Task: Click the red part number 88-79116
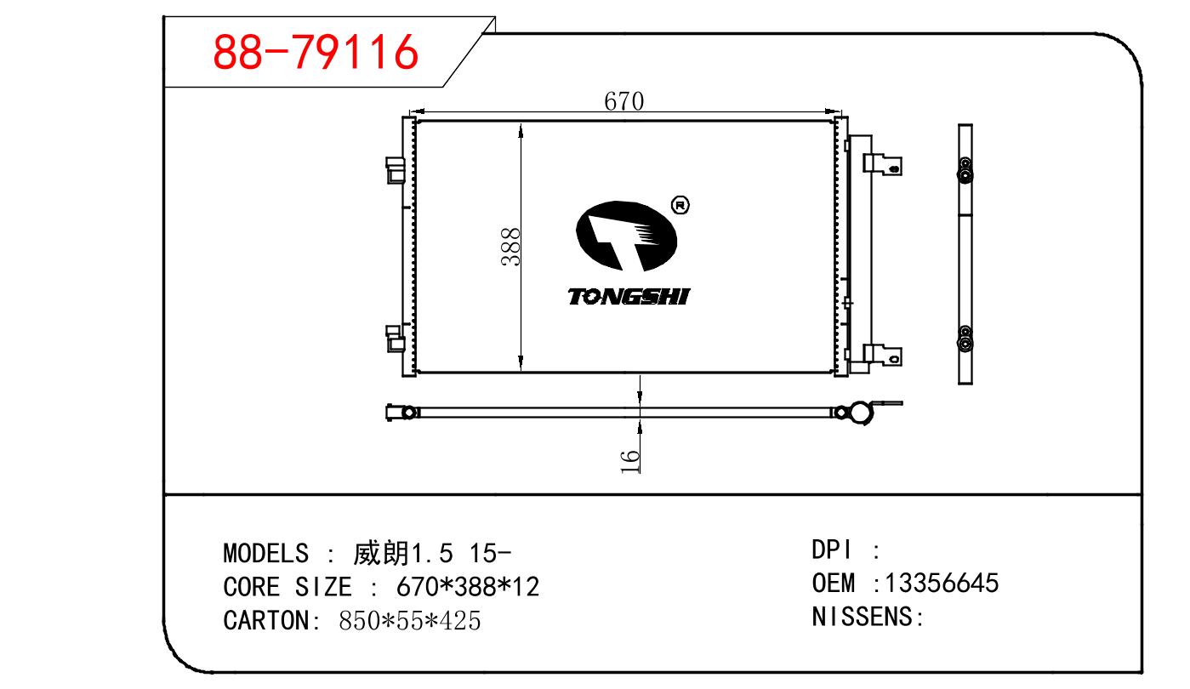[x=316, y=52]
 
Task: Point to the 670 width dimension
[x=623, y=101]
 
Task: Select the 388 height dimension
[x=510, y=247]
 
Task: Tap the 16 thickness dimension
[x=629, y=461]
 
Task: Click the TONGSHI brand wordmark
[x=629, y=296]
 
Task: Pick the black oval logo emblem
[x=626, y=236]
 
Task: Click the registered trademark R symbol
[x=680, y=204]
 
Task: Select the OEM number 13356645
[x=942, y=583]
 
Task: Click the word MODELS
[x=265, y=553]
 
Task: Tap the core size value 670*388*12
[x=468, y=586]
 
